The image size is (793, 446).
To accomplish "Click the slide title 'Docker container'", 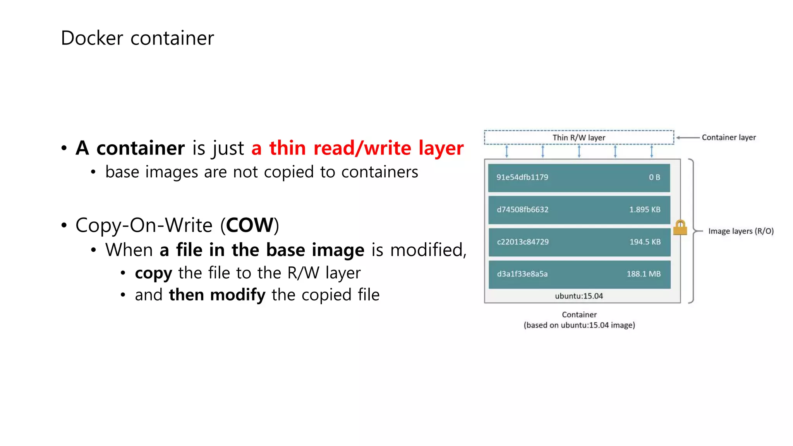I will tap(137, 38).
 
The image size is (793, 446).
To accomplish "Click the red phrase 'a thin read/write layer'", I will tap(357, 148).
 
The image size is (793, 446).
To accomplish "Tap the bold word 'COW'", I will tap(250, 225).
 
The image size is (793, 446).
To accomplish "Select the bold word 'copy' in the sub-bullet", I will tap(153, 273).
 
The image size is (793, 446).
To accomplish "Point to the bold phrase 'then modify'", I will tap(217, 295).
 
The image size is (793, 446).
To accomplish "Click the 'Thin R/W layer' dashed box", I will tap(578, 137).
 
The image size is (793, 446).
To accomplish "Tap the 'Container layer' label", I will tap(728, 137).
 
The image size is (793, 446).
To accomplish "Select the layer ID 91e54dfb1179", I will tap(522, 177).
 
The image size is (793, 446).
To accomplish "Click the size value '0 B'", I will tap(654, 177).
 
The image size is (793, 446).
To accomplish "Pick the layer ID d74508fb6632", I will tap(522, 209).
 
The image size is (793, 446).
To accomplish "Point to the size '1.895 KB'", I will tap(644, 209).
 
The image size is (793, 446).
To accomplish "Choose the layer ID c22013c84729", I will tap(523, 242).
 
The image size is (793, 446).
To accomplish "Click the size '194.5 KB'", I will tap(645, 242).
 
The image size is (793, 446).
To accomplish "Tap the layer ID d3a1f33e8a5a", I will tap(522, 274).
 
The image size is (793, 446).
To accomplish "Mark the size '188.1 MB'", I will tap(644, 274).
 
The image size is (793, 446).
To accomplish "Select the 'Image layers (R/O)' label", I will tap(741, 231).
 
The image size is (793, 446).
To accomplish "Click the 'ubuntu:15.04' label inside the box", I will tap(579, 296).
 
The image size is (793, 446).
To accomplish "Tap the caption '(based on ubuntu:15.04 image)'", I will tap(579, 325).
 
